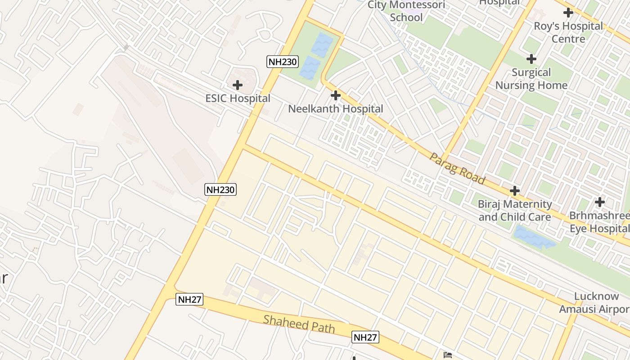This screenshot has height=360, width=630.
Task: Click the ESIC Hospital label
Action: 238,98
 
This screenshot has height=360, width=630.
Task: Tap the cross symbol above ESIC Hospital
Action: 237,85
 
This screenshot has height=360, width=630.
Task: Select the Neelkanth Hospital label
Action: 335,108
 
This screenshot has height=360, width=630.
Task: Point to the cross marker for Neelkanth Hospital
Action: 335,95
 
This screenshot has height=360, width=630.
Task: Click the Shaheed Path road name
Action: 299,324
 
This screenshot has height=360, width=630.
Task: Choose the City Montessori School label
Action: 406,11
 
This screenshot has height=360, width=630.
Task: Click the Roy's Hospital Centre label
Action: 568,32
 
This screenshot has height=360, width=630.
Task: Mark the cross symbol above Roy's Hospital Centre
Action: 568,13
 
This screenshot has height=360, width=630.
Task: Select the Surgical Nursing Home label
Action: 531,79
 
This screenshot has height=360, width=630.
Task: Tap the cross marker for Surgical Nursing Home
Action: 531,58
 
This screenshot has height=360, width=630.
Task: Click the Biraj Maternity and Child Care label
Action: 514,211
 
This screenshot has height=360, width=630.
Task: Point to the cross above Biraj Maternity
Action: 514,191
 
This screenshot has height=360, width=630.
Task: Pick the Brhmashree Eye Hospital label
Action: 599,222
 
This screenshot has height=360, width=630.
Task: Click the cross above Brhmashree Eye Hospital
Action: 599,202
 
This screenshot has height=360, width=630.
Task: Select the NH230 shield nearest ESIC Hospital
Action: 282,62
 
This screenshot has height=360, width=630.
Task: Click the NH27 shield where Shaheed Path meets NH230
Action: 189,299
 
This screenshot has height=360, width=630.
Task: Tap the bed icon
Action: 447,355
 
